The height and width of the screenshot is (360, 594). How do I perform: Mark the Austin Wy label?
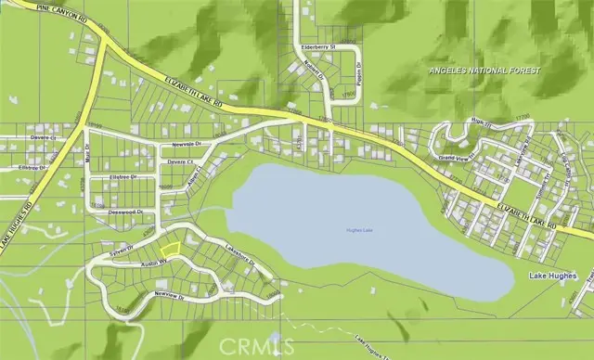tap(153, 264)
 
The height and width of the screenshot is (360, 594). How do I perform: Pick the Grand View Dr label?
tap(457, 158)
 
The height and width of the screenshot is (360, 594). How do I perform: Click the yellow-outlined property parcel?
tap(170, 248)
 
